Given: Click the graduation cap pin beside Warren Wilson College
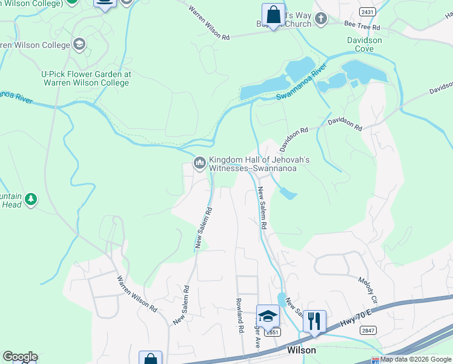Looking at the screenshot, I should (x=78, y=44).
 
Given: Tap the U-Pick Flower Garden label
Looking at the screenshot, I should (x=86, y=78).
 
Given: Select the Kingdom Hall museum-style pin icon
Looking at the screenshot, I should (x=199, y=164).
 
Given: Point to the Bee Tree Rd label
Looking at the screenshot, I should (x=362, y=27).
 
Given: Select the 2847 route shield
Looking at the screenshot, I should (x=367, y=329).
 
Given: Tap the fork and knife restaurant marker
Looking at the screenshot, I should (x=314, y=319).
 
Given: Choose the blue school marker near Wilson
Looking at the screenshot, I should (x=268, y=315).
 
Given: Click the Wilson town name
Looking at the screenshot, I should (x=301, y=351).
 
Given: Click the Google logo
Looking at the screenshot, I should (x=20, y=357).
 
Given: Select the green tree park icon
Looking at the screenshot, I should (x=30, y=198).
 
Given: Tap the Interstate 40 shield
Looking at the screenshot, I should (x=375, y=361).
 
